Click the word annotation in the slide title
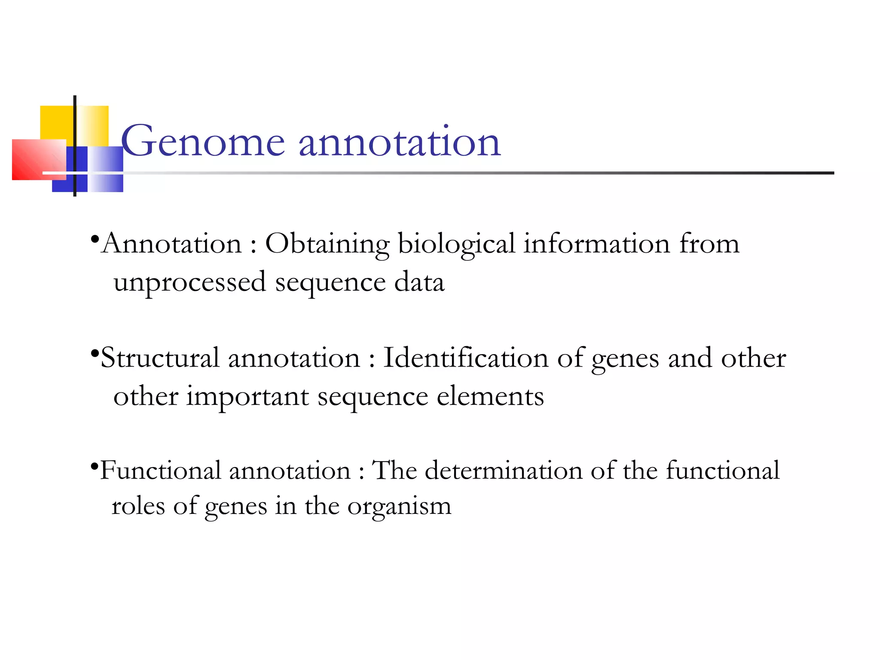tap(400, 142)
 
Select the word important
tap(247, 397)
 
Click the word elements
tap(490, 396)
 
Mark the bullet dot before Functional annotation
tap(95, 465)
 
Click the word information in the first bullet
tap(597, 244)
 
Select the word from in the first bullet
tap(709, 244)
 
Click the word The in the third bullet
tap(394, 471)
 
